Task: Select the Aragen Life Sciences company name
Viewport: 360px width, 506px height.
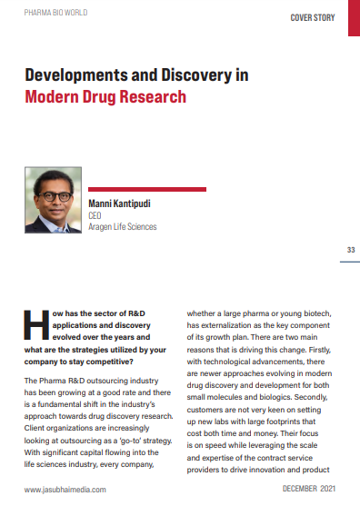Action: (x=123, y=226)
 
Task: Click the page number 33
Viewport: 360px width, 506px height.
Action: (x=351, y=250)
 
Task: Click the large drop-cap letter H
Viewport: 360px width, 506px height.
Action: (x=35, y=326)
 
